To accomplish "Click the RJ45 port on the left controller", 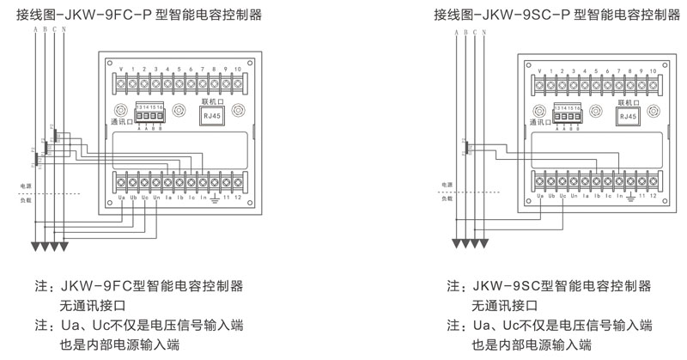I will point(212,119).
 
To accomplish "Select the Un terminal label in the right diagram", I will point(574,196).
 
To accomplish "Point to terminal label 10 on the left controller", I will point(236,68).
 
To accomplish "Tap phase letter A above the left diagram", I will point(34,32).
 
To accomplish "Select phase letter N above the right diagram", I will point(484,32).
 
